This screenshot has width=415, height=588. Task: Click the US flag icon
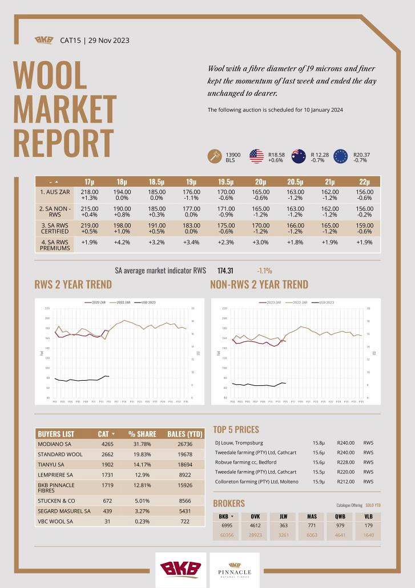coord(256,156)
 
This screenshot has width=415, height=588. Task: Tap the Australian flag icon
coord(299,156)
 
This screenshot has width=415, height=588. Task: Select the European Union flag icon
coord(341,156)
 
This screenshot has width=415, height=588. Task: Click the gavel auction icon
coord(215,156)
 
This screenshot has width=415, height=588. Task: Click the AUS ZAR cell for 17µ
coord(90,195)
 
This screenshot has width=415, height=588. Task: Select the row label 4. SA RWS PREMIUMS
coord(55,245)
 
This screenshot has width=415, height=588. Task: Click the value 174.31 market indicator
coord(225,271)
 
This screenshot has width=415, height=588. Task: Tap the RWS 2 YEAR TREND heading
coord(73,284)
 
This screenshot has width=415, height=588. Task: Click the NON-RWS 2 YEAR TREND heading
coord(259,284)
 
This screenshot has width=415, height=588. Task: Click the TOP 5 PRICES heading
coord(236,429)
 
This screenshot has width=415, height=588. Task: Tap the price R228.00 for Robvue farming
coord(346,462)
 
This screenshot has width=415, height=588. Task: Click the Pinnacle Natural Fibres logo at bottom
coord(235,570)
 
